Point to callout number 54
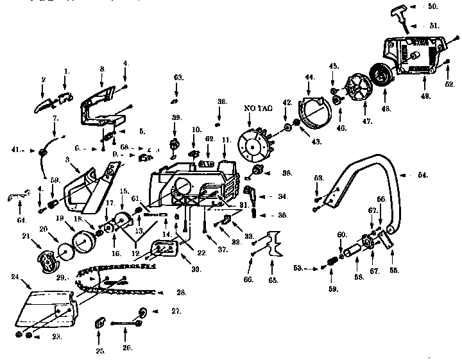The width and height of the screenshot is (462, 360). tap(423, 175)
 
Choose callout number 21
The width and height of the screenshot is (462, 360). tap(26, 236)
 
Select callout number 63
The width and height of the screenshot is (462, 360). tap(179, 78)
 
